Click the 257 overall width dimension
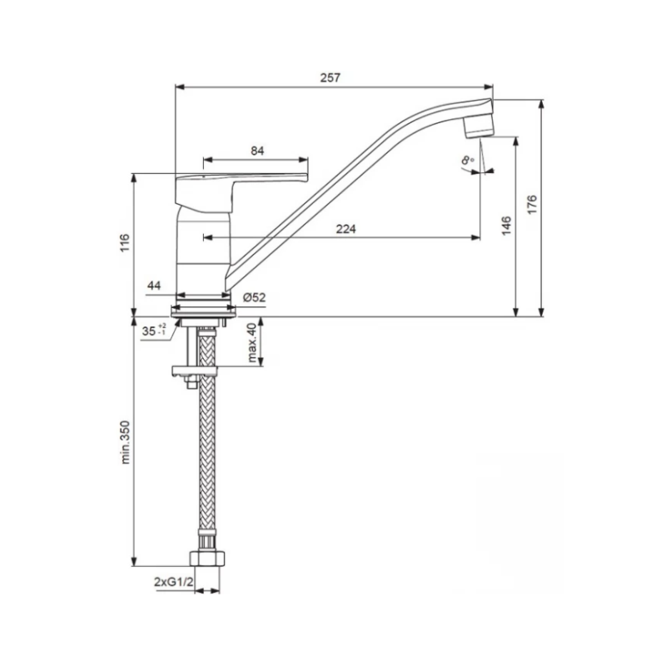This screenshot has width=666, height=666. click(x=331, y=77)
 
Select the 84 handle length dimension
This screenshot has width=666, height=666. click(x=257, y=151)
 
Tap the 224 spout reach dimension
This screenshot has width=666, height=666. click(x=346, y=229)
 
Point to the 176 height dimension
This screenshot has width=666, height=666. click(x=532, y=204)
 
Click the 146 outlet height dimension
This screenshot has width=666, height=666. click(x=506, y=226)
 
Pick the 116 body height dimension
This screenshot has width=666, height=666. click(x=125, y=242)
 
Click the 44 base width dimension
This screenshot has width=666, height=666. click(x=154, y=286)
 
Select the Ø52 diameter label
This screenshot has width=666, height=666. click(x=255, y=298)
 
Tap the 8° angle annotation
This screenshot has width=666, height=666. click(x=468, y=160)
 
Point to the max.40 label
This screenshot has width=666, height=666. click(x=252, y=343)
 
